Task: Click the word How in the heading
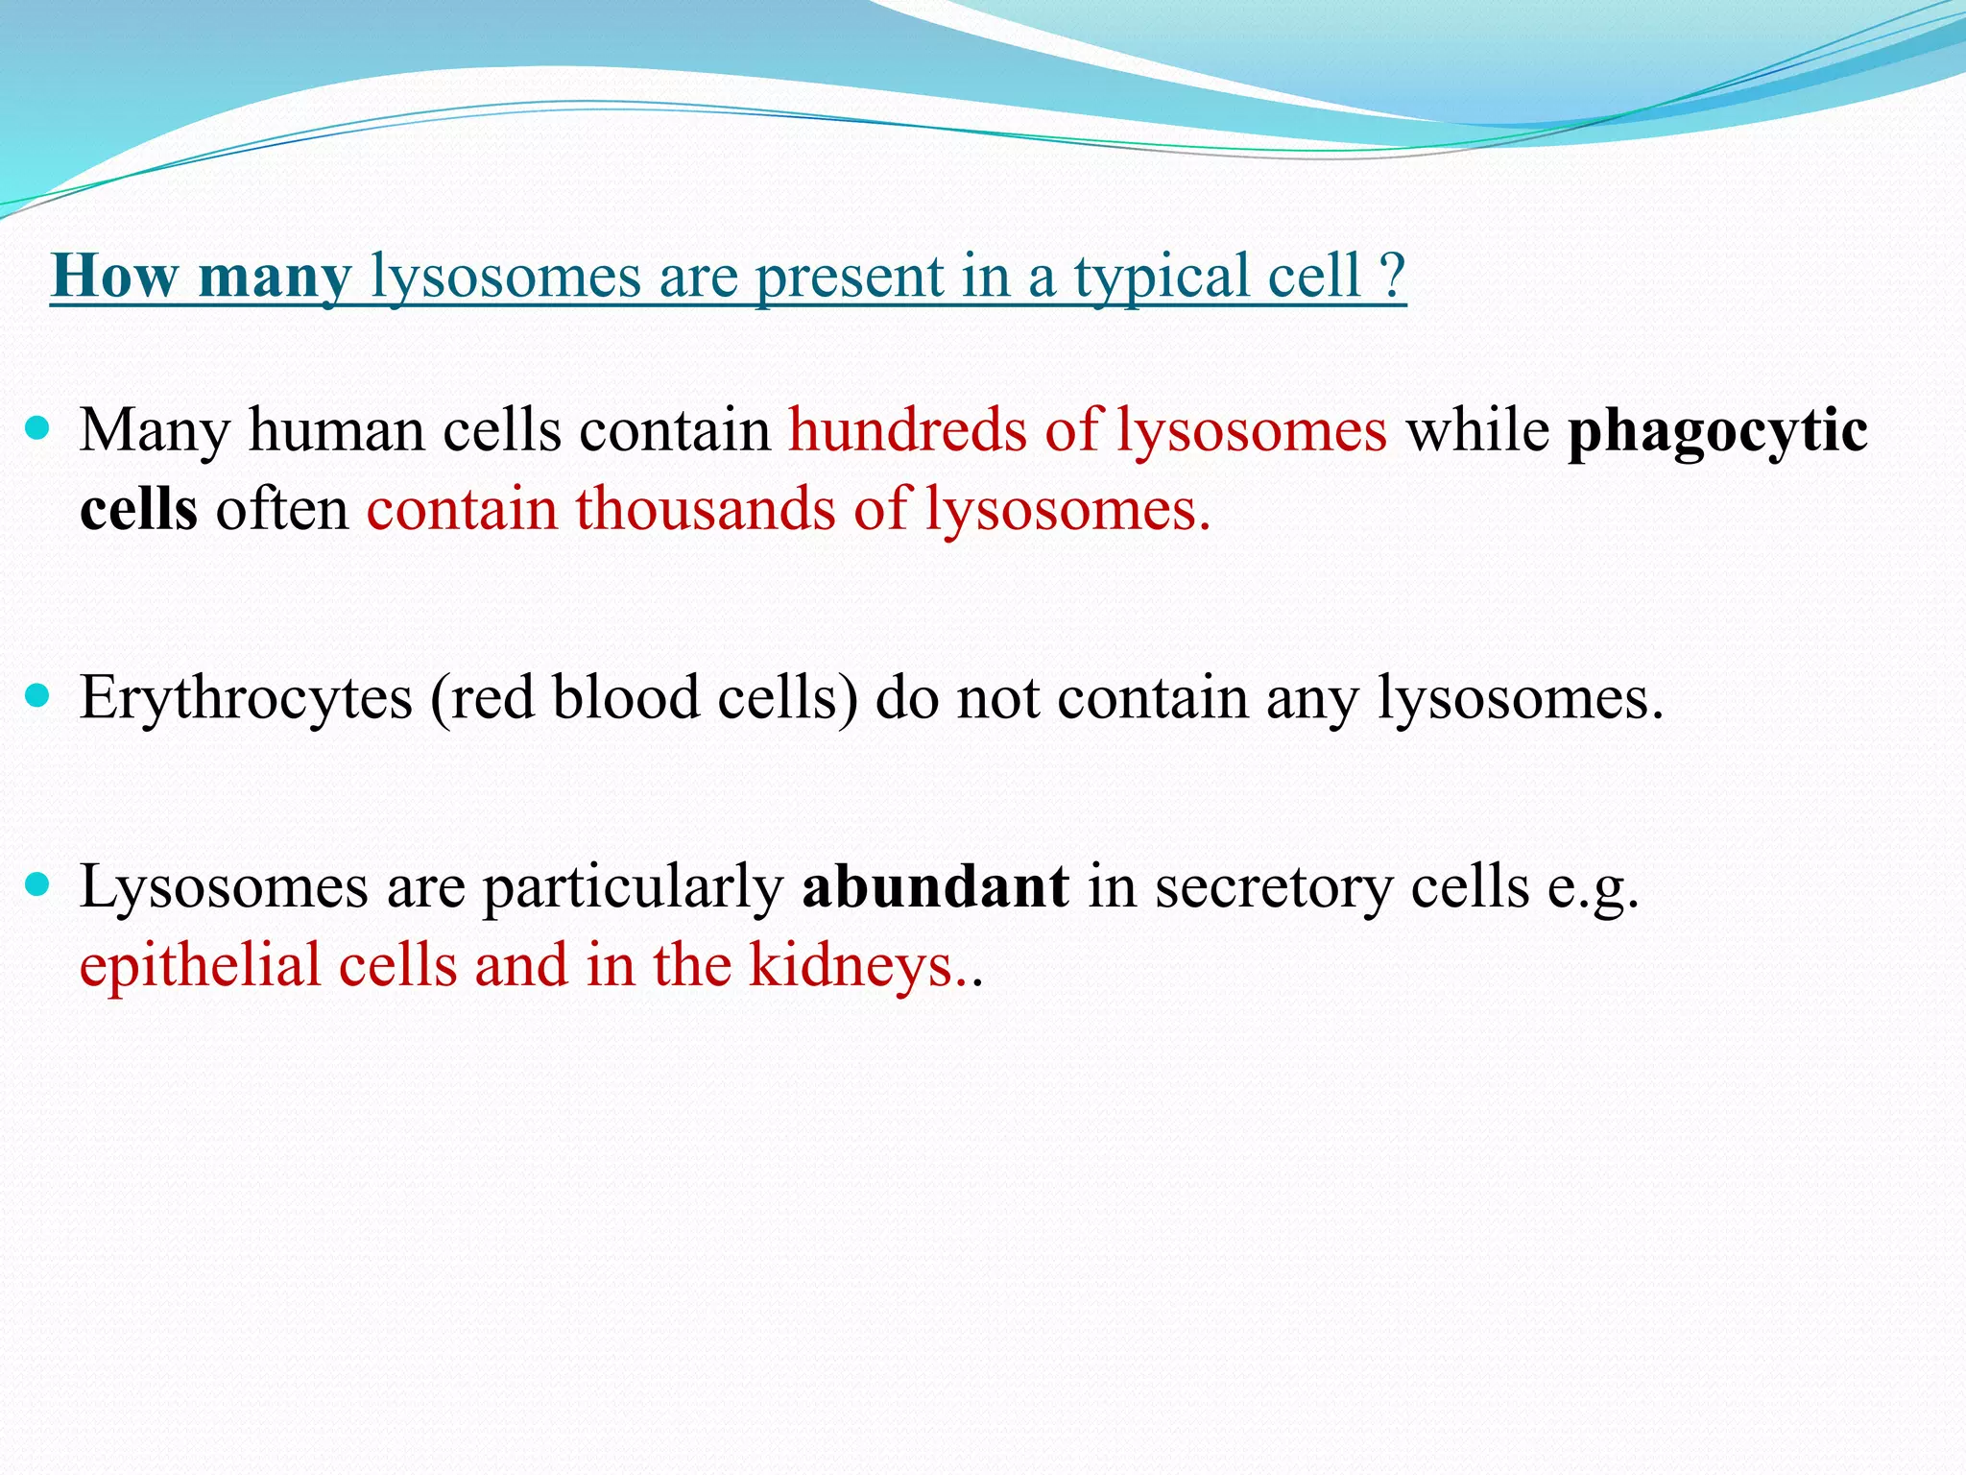114,277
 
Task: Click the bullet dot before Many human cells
37,427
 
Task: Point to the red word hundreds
907,429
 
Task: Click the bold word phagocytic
1717,431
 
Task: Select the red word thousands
706,508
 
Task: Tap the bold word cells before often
138,508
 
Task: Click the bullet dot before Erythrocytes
37,695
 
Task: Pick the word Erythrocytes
246,699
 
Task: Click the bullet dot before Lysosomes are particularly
37,884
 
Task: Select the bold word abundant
935,886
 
